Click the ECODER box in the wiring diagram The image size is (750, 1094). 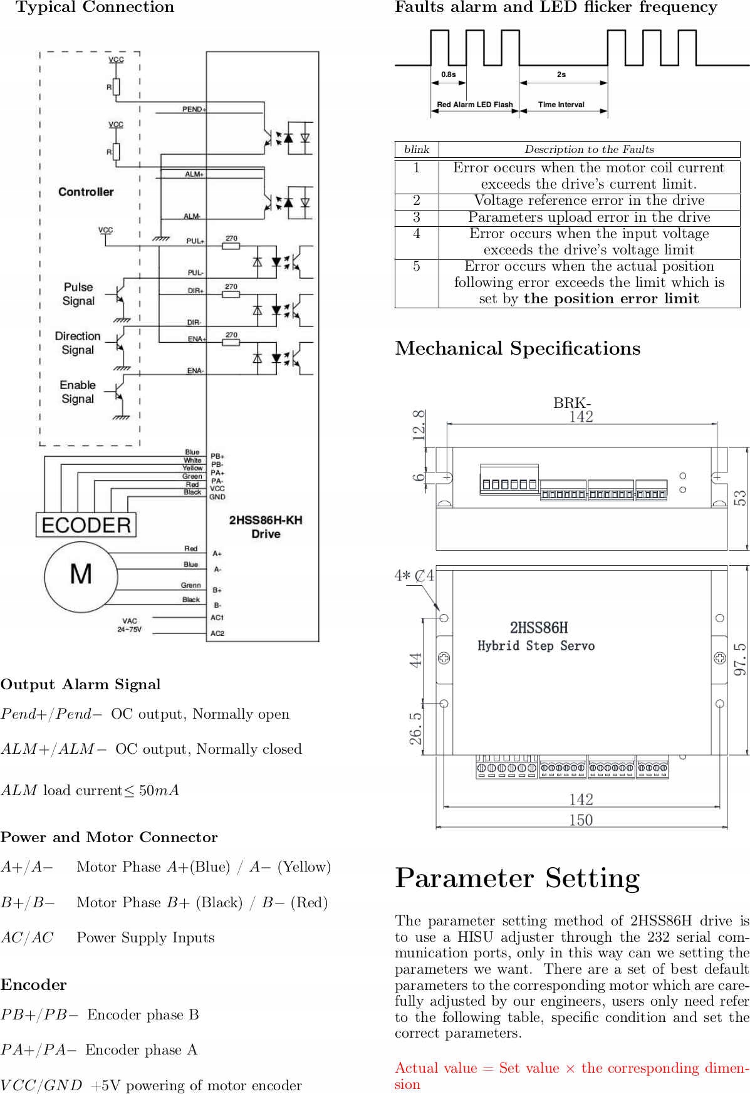86,525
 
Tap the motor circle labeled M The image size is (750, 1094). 81,575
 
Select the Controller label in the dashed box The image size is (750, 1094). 86,192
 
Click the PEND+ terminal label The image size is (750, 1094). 194,109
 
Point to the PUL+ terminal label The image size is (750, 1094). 195,241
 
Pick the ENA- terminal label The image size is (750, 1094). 195,371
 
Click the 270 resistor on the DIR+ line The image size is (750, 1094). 231,294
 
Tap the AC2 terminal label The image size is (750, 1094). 217,633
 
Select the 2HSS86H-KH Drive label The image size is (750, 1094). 266,527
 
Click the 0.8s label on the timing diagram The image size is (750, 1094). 449,75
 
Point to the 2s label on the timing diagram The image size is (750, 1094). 561,75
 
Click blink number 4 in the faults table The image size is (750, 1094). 417,234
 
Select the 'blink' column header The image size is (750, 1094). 417,149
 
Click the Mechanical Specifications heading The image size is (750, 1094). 518,348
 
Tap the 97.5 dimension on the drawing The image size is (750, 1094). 740,659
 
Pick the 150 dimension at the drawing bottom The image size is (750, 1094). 581,820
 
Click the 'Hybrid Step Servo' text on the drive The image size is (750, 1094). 536,646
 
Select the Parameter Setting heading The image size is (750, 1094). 518,878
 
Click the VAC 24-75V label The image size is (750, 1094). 130,625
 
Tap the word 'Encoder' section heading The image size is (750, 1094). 34,985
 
